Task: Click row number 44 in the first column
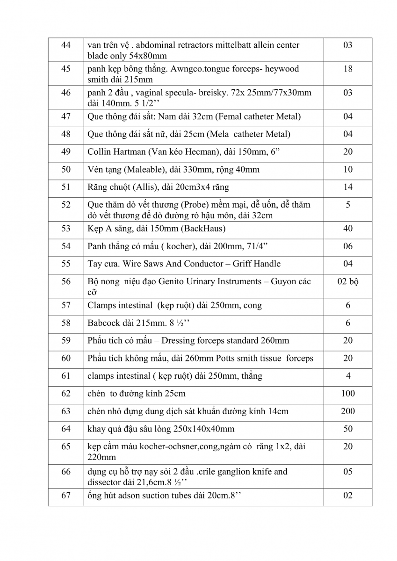65,45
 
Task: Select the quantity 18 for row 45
347,69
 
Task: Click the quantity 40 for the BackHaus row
347,229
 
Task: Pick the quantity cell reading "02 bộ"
347,281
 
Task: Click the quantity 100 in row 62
347,394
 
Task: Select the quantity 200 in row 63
347,411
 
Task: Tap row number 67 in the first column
65,496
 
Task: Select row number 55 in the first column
65,264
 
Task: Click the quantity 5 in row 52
347,205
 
